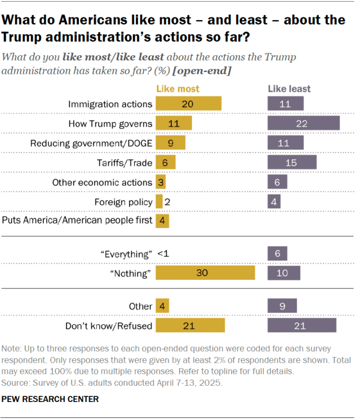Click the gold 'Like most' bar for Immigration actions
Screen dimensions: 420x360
click(188, 104)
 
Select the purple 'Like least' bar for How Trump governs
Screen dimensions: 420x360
click(303, 123)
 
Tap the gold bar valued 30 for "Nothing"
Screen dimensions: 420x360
click(205, 273)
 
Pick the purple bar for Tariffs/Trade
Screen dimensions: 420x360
click(291, 162)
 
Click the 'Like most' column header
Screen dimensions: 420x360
click(177, 89)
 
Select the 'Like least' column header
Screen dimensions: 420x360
click(288, 89)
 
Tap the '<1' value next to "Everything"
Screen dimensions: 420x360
click(162, 254)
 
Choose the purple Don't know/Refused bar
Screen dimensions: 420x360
click(301, 325)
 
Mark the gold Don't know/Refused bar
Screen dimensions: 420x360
click(190, 325)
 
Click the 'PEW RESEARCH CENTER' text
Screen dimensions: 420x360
click(51, 399)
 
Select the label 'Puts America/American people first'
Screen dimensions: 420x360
click(78, 220)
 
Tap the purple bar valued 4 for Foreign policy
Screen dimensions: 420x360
click(274, 202)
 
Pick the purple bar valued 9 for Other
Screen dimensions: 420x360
click(282, 306)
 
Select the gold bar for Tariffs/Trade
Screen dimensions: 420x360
click(165, 162)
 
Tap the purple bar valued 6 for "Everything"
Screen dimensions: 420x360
click(277, 254)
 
